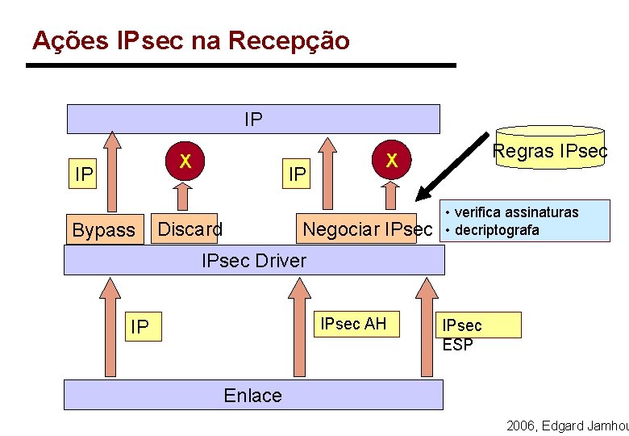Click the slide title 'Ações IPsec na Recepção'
(x=191, y=40)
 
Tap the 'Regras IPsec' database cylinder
(x=550, y=148)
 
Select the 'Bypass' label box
(x=103, y=229)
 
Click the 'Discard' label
(x=190, y=229)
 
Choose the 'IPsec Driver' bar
(x=253, y=260)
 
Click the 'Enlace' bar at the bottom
(x=253, y=395)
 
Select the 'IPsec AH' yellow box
(x=353, y=325)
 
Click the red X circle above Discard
(x=185, y=161)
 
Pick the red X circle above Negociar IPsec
(x=391, y=161)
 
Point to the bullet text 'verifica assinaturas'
(x=516, y=212)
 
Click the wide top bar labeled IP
(x=253, y=119)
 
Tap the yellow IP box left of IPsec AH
(x=140, y=327)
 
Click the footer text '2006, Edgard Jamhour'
(x=566, y=426)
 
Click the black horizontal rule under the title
(x=241, y=65)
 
